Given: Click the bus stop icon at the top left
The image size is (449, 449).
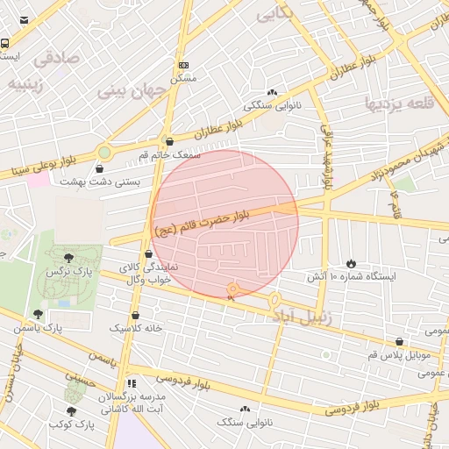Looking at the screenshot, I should [x=4, y=43].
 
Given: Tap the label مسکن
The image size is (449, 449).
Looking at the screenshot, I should [x=182, y=78].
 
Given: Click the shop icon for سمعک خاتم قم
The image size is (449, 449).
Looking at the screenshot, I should [x=169, y=140].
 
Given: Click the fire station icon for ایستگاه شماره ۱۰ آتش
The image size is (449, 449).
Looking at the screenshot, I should [x=352, y=262].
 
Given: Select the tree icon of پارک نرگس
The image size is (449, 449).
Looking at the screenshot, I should [x=68, y=257].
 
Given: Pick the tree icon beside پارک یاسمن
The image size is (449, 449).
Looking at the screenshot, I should [x=37, y=313].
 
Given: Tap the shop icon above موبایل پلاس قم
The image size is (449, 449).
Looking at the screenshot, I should [x=400, y=341].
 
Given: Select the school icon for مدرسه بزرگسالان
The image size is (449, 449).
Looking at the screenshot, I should [x=132, y=382].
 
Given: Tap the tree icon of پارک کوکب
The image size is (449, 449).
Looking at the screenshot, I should [x=71, y=410].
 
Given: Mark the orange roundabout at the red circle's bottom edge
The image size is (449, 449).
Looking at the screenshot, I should [x=233, y=289].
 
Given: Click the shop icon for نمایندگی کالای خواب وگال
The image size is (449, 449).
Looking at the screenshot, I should [x=148, y=253].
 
